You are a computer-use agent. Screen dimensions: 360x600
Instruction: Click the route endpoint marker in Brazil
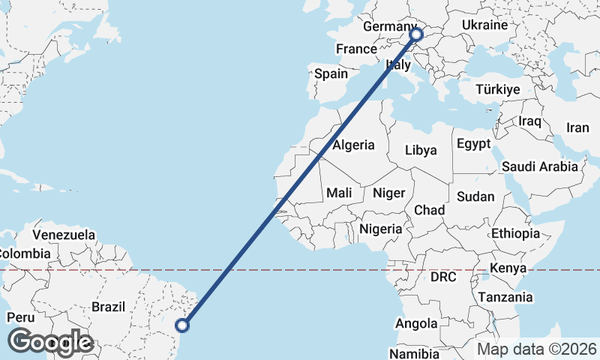pyautogui.click(x=182, y=325)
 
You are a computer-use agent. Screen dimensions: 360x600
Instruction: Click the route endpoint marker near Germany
pyautogui.click(x=416, y=34)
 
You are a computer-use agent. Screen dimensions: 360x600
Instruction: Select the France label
pyautogui.click(x=355, y=49)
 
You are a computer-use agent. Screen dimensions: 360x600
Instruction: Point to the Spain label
pyautogui.click(x=331, y=73)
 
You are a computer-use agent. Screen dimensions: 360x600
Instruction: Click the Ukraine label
pyautogui.click(x=484, y=25)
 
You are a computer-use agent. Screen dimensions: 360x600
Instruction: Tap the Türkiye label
pyautogui.click(x=497, y=90)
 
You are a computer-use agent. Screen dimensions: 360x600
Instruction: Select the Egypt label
pyautogui.click(x=473, y=143)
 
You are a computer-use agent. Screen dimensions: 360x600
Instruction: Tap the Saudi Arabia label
pyautogui.click(x=540, y=166)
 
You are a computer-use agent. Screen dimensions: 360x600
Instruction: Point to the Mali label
pyautogui.click(x=339, y=193)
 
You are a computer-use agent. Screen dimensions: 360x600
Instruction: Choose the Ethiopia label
pyautogui.click(x=515, y=234)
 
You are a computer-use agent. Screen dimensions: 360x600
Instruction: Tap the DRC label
pyautogui.click(x=443, y=277)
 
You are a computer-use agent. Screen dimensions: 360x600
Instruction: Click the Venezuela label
pyautogui.click(x=64, y=235)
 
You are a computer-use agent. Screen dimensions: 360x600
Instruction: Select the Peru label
pyautogui.click(x=20, y=317)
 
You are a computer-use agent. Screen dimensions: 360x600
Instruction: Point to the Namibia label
pyautogui.click(x=414, y=352)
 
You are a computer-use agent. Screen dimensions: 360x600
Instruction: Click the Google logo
pyautogui.click(x=50, y=342)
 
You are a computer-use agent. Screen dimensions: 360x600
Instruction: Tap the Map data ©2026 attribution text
pyautogui.click(x=537, y=349)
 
